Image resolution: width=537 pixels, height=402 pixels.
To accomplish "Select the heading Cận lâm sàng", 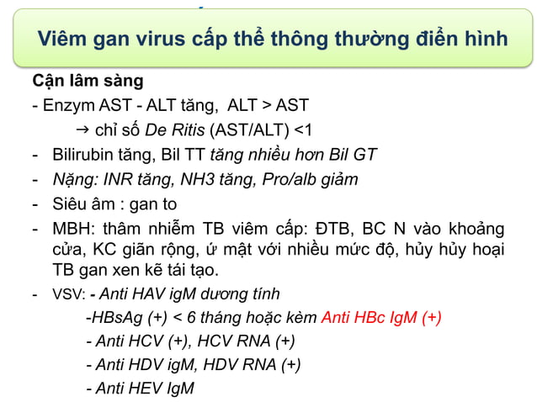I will (87, 82).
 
